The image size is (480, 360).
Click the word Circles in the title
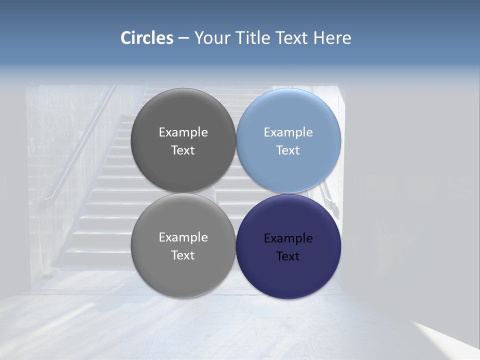[147, 38]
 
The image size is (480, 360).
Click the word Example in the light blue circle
[288, 132]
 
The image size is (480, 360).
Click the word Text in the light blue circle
[288, 150]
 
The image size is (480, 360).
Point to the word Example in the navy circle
[288, 238]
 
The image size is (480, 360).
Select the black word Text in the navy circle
[288, 256]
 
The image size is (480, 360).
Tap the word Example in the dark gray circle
[183, 132]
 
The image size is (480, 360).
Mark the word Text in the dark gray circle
[183, 150]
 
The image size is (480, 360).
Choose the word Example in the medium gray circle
[183, 237]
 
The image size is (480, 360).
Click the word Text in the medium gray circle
[183, 255]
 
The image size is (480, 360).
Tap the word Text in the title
[293, 38]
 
